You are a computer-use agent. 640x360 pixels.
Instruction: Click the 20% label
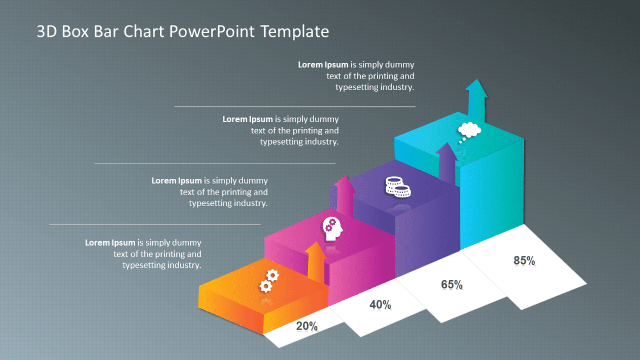306,326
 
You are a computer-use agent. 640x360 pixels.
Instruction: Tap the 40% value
380,305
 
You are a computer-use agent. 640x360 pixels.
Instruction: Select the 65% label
451,284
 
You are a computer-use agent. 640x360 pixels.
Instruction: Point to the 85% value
524,260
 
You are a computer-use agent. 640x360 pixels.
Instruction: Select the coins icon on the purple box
398,187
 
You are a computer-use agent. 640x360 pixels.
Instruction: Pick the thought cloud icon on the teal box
469,131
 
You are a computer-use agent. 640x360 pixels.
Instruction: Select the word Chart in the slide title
145,31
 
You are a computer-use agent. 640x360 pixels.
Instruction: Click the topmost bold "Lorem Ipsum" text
323,65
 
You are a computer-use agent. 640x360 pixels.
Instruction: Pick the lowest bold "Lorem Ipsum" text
110,242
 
